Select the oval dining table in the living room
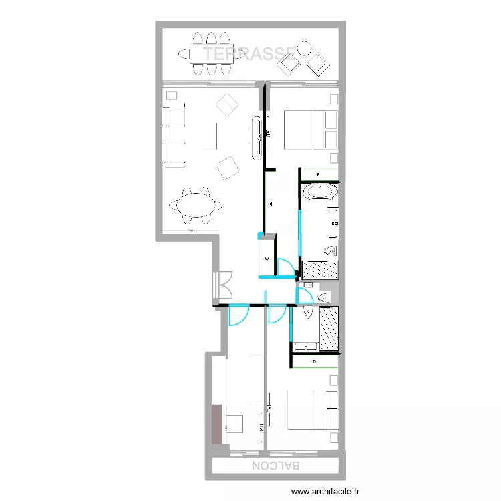click(196, 204)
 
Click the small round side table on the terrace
click(304, 48)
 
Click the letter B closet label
click(318, 175)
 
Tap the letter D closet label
click(315, 362)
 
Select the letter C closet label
click(267, 257)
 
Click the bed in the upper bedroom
click(311, 129)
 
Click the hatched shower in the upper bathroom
click(321, 269)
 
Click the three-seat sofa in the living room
click(174, 134)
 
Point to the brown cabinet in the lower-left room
click(217, 423)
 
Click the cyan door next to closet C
click(285, 267)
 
